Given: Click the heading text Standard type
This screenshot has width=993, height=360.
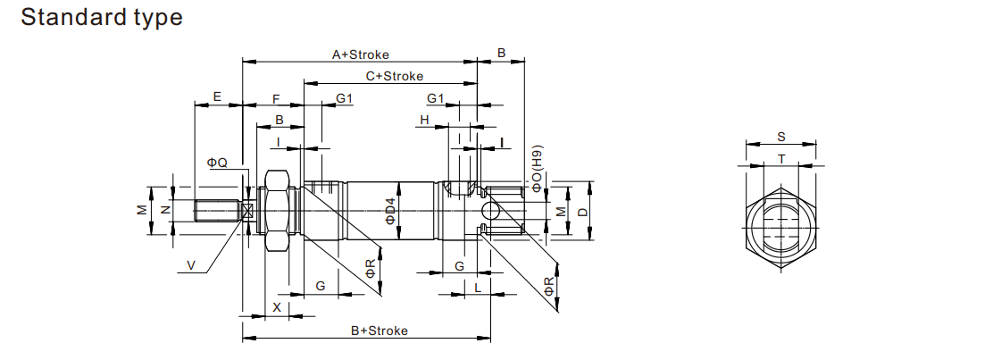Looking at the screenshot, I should [x=101, y=17].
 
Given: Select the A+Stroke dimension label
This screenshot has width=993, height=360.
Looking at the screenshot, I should [x=360, y=54].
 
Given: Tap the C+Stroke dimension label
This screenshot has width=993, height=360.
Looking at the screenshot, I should [x=394, y=76].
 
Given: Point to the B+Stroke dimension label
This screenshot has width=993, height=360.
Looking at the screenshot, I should [x=379, y=331].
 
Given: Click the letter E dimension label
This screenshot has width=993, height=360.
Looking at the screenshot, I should [x=216, y=96].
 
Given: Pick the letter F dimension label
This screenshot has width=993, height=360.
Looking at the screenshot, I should [x=276, y=97].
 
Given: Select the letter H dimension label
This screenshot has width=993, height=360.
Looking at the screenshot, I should [x=425, y=119].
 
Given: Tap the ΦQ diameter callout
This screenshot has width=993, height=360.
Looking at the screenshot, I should [x=217, y=163].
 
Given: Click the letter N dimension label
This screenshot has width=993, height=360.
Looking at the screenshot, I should [x=164, y=211].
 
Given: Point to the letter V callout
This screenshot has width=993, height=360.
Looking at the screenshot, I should [x=191, y=264].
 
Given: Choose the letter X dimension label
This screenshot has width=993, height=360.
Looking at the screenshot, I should [x=276, y=306].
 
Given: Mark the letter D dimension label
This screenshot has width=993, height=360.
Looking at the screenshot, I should [x=581, y=212].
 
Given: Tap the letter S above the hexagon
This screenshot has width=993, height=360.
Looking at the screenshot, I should [x=780, y=137].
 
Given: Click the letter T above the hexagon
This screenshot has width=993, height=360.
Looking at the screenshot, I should [x=781, y=159].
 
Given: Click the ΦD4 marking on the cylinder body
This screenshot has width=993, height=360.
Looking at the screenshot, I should [x=388, y=213].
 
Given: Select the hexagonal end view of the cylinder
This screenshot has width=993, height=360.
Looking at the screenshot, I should [x=781, y=223].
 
